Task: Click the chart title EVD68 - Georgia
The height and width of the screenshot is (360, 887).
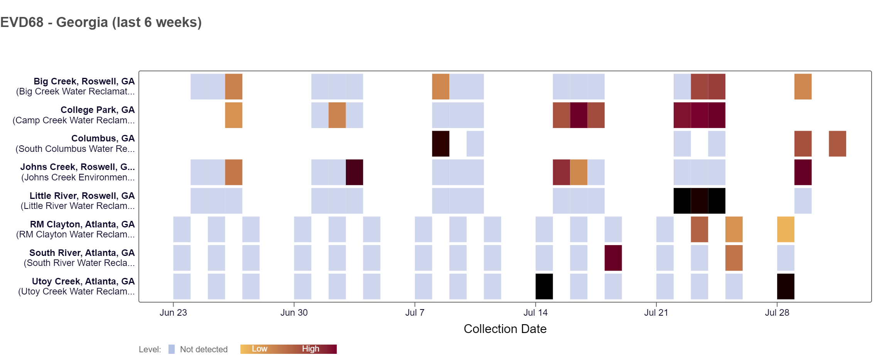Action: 101,22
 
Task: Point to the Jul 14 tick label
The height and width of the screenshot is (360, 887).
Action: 535,313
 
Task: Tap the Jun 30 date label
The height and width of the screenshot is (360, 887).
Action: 294,313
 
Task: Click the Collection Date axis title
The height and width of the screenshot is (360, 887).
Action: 505,329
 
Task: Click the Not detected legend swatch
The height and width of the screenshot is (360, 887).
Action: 172,349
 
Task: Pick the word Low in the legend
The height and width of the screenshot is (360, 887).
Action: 260,349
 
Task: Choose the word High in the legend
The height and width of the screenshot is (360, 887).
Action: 310,349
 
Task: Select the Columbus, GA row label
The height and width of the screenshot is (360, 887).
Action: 103,138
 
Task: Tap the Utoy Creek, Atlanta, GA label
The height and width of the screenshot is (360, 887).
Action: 83,281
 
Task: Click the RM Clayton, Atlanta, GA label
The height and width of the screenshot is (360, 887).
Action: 82,224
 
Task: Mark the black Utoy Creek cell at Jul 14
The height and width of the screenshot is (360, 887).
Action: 544,286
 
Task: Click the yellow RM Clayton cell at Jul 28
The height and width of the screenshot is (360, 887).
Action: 786,229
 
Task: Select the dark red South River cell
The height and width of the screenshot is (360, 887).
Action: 613,258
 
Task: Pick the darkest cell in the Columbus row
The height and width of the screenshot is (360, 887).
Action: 440,144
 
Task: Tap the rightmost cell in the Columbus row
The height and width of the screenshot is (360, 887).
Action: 837,144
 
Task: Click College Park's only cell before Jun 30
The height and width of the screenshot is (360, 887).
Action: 234,115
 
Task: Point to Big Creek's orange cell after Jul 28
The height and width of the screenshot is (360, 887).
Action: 803,87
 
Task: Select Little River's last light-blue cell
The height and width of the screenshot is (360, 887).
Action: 803,201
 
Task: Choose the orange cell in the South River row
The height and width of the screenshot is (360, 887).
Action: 734,258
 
